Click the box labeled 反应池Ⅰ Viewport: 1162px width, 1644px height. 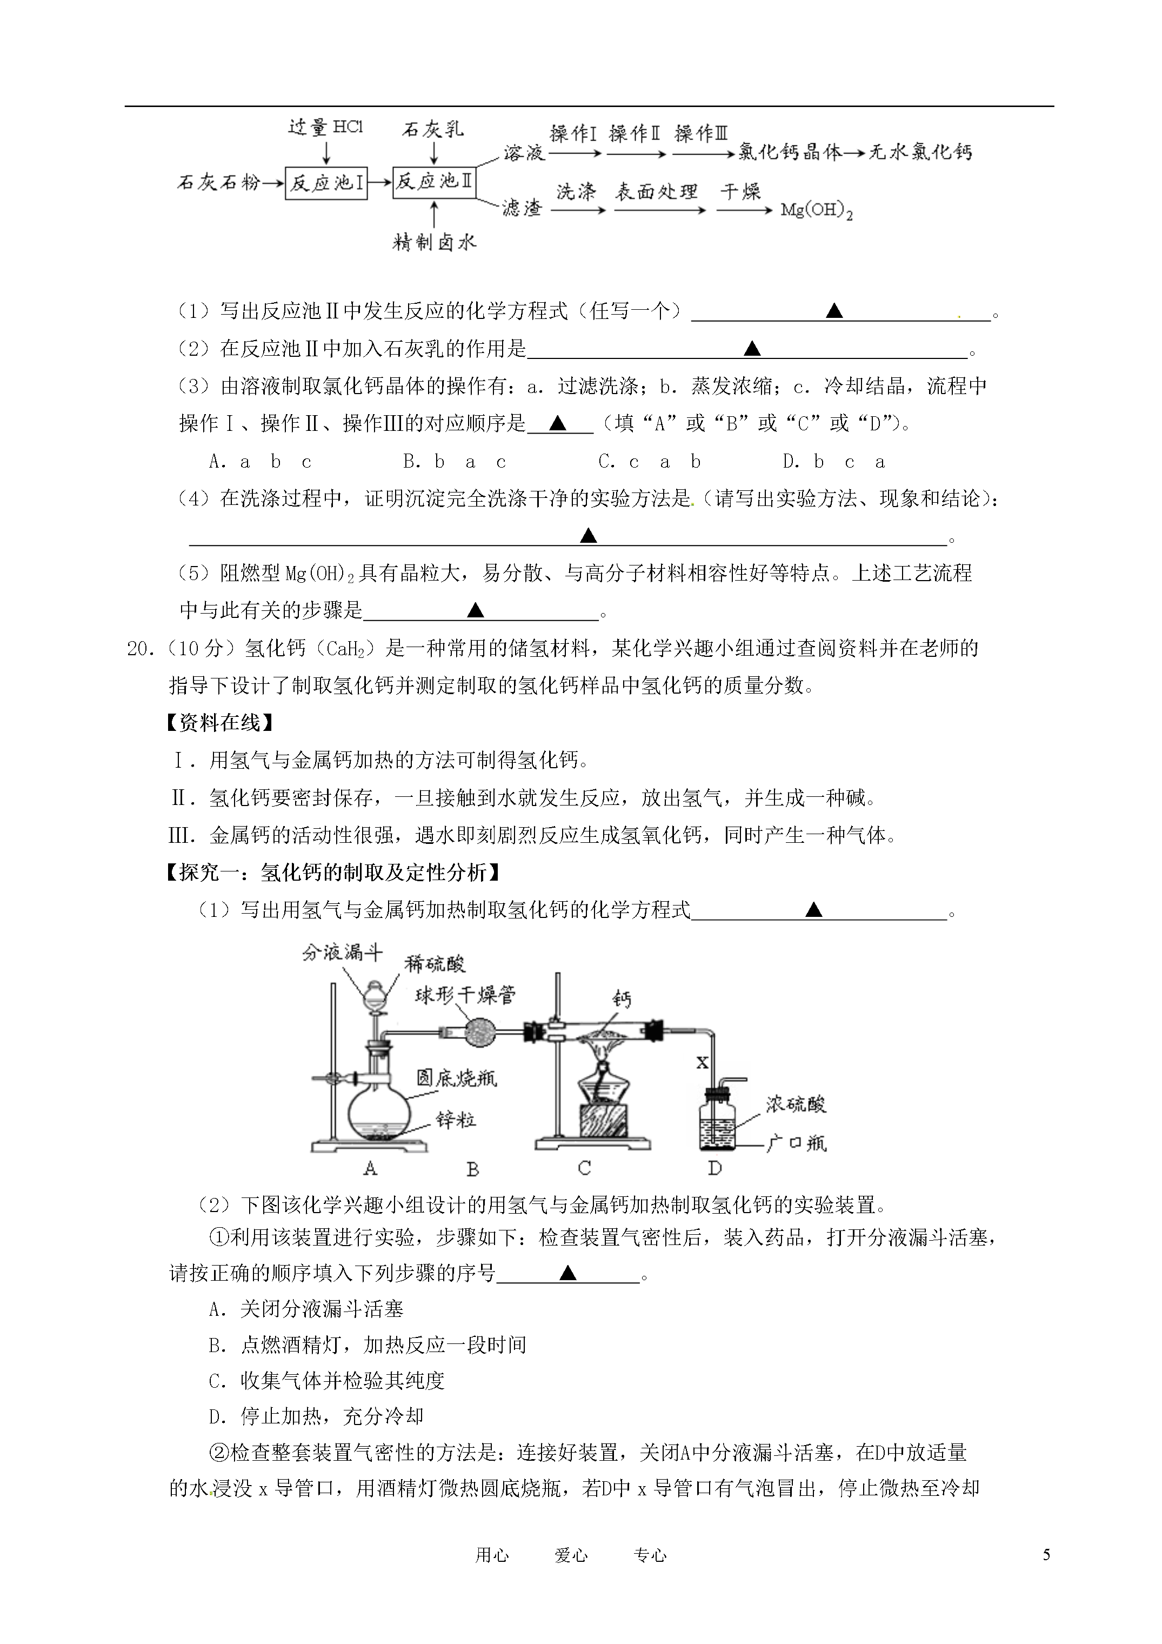(x=326, y=183)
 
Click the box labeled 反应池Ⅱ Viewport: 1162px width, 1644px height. (x=435, y=182)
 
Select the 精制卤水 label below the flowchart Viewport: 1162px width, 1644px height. (x=435, y=243)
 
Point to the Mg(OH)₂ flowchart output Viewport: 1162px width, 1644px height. (x=816, y=211)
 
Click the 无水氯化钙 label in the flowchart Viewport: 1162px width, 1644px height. (x=921, y=152)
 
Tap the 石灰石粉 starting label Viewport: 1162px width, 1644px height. (x=218, y=183)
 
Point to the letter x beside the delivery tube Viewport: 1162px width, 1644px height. (x=703, y=1063)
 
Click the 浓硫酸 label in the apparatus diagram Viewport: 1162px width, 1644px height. (x=796, y=1103)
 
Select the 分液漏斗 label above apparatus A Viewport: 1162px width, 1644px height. (x=342, y=953)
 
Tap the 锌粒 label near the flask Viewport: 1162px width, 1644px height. (x=456, y=1119)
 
